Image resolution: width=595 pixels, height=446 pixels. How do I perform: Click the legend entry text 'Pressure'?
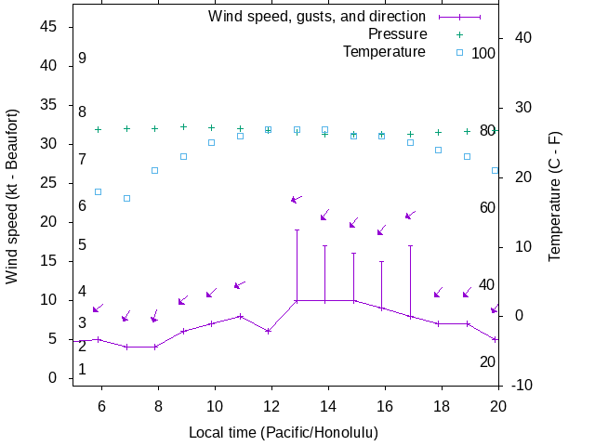397,34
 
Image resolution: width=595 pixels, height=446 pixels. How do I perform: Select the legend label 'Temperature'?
384,52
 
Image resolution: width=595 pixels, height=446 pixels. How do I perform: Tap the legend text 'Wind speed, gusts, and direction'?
317,17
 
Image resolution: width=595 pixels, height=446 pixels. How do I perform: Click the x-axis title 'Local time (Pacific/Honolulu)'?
284,433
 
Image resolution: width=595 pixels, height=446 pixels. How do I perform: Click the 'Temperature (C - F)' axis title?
555,195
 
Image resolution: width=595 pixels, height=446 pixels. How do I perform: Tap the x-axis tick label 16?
382,406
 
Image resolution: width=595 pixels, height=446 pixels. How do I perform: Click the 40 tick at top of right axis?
522,38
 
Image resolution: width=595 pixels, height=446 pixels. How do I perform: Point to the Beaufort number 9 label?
83,59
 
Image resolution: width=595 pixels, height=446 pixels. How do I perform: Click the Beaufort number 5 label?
83,245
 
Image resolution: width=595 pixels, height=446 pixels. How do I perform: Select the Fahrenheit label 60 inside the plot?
487,207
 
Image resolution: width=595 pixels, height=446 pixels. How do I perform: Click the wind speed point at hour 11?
240,316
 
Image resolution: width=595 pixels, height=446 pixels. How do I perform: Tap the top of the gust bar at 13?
297,230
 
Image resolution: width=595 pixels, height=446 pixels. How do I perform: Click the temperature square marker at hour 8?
155,170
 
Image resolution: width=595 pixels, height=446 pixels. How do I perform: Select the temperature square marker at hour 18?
439,150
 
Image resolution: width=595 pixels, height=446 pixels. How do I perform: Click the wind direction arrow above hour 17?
410,216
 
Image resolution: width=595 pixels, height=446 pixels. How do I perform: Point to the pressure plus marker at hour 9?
183,127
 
